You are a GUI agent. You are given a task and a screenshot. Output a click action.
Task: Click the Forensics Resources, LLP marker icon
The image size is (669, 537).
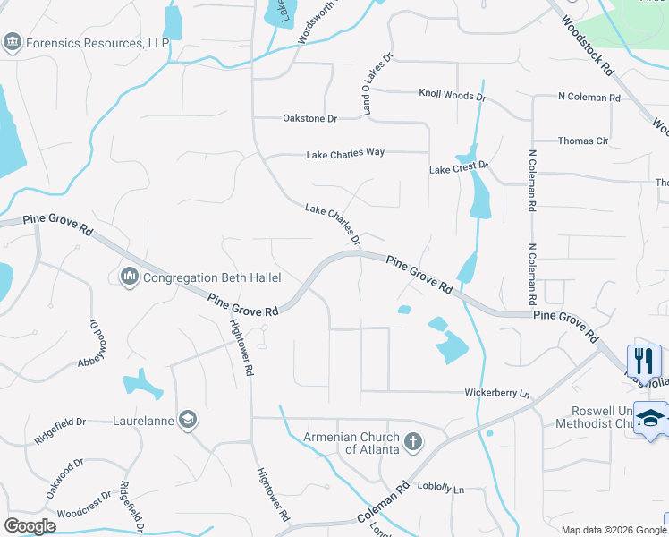13,42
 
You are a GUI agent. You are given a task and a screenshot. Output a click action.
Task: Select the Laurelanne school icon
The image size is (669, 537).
188,419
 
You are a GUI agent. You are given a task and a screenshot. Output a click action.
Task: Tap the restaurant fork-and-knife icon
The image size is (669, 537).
644,361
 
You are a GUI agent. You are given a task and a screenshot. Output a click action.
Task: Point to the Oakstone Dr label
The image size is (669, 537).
309,118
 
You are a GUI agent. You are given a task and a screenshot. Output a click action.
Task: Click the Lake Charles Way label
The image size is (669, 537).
345,153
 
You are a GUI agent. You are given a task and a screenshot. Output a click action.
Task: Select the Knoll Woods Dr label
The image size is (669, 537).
452,95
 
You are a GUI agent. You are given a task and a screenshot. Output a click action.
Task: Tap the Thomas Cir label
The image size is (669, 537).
582,141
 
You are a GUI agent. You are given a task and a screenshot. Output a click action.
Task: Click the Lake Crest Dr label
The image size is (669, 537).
459,167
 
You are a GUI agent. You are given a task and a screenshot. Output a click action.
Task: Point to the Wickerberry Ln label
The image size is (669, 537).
497,393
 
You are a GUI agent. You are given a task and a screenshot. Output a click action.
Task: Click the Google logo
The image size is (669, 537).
30,526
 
